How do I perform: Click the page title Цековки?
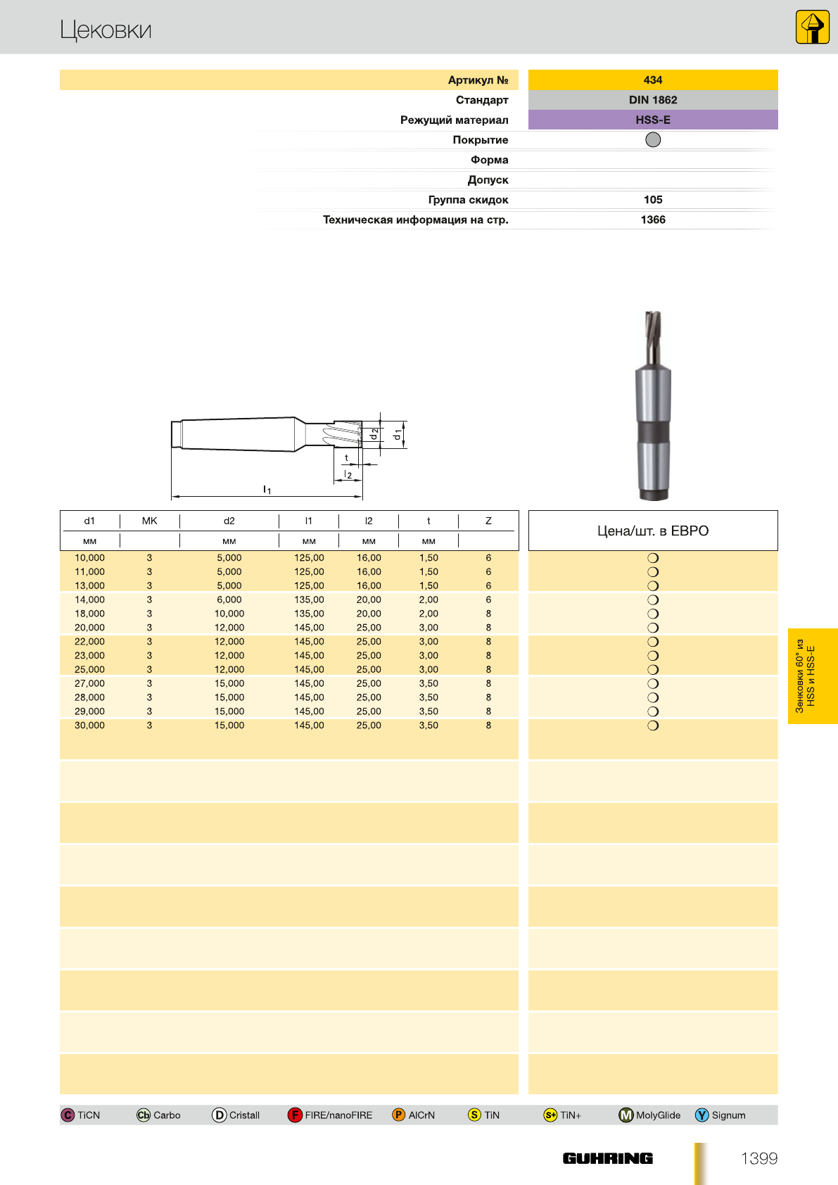[106, 30]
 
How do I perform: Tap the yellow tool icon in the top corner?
[812, 27]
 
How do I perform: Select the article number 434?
[653, 80]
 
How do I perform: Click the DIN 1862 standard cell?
[653, 100]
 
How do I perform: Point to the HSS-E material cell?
[653, 120]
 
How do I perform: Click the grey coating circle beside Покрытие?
[653, 139]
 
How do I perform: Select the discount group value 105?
[653, 199]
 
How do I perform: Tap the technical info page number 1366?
[653, 220]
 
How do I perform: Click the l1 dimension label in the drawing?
[267, 489]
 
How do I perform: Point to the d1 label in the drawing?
[398, 435]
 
